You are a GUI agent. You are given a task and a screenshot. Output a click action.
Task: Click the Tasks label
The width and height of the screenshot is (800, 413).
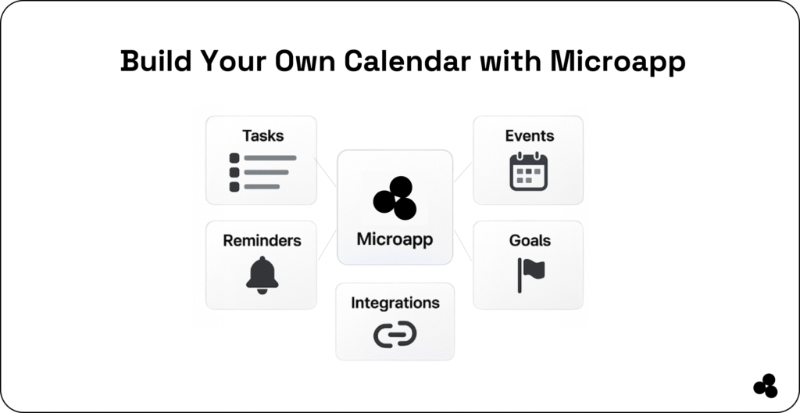(x=262, y=135)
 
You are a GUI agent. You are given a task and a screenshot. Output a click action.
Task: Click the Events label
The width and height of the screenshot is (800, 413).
(x=529, y=135)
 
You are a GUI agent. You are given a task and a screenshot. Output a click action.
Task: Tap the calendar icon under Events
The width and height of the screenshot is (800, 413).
(x=529, y=172)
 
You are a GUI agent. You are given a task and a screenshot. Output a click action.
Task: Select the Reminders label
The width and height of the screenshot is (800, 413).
(x=262, y=240)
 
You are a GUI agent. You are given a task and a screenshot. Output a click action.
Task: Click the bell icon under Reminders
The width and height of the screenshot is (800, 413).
(x=262, y=275)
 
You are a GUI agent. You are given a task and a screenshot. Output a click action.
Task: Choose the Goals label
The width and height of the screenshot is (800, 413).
(x=530, y=240)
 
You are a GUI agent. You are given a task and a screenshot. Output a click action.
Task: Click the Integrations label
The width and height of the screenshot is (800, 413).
(x=395, y=303)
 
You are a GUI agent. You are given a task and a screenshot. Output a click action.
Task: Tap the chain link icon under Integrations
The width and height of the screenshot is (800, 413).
(x=395, y=335)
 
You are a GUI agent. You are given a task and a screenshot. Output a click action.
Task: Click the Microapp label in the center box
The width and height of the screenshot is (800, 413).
(x=395, y=239)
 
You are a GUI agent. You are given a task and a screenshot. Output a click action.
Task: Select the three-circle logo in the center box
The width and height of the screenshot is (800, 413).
(x=395, y=198)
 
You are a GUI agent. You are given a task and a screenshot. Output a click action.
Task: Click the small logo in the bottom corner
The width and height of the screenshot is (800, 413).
(x=765, y=386)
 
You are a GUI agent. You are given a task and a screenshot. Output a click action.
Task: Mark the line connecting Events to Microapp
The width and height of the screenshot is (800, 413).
(x=462, y=173)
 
